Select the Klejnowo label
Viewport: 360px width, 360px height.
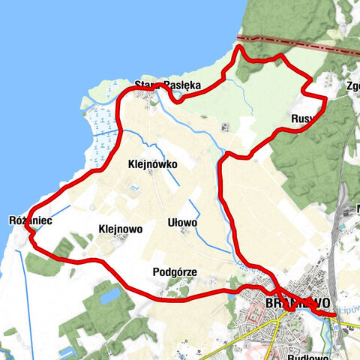(120, 229)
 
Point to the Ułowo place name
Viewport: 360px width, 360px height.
(182, 223)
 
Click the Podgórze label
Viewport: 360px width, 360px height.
(174, 271)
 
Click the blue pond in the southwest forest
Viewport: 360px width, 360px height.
(109, 295)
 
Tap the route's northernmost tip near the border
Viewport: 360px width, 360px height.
(240, 47)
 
